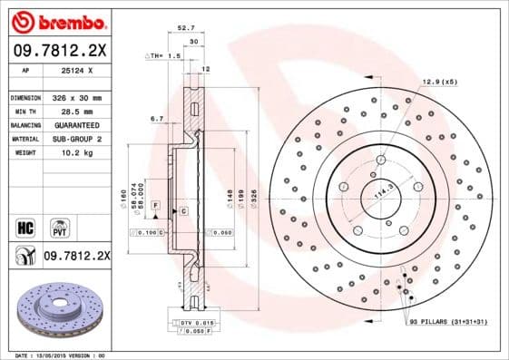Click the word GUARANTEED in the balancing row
click(x=73, y=125)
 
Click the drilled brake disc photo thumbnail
click(x=58, y=308)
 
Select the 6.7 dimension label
click(x=155, y=118)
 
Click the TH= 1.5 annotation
click(x=165, y=56)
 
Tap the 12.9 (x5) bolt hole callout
click(x=438, y=83)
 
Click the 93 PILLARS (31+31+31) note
click(x=447, y=323)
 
